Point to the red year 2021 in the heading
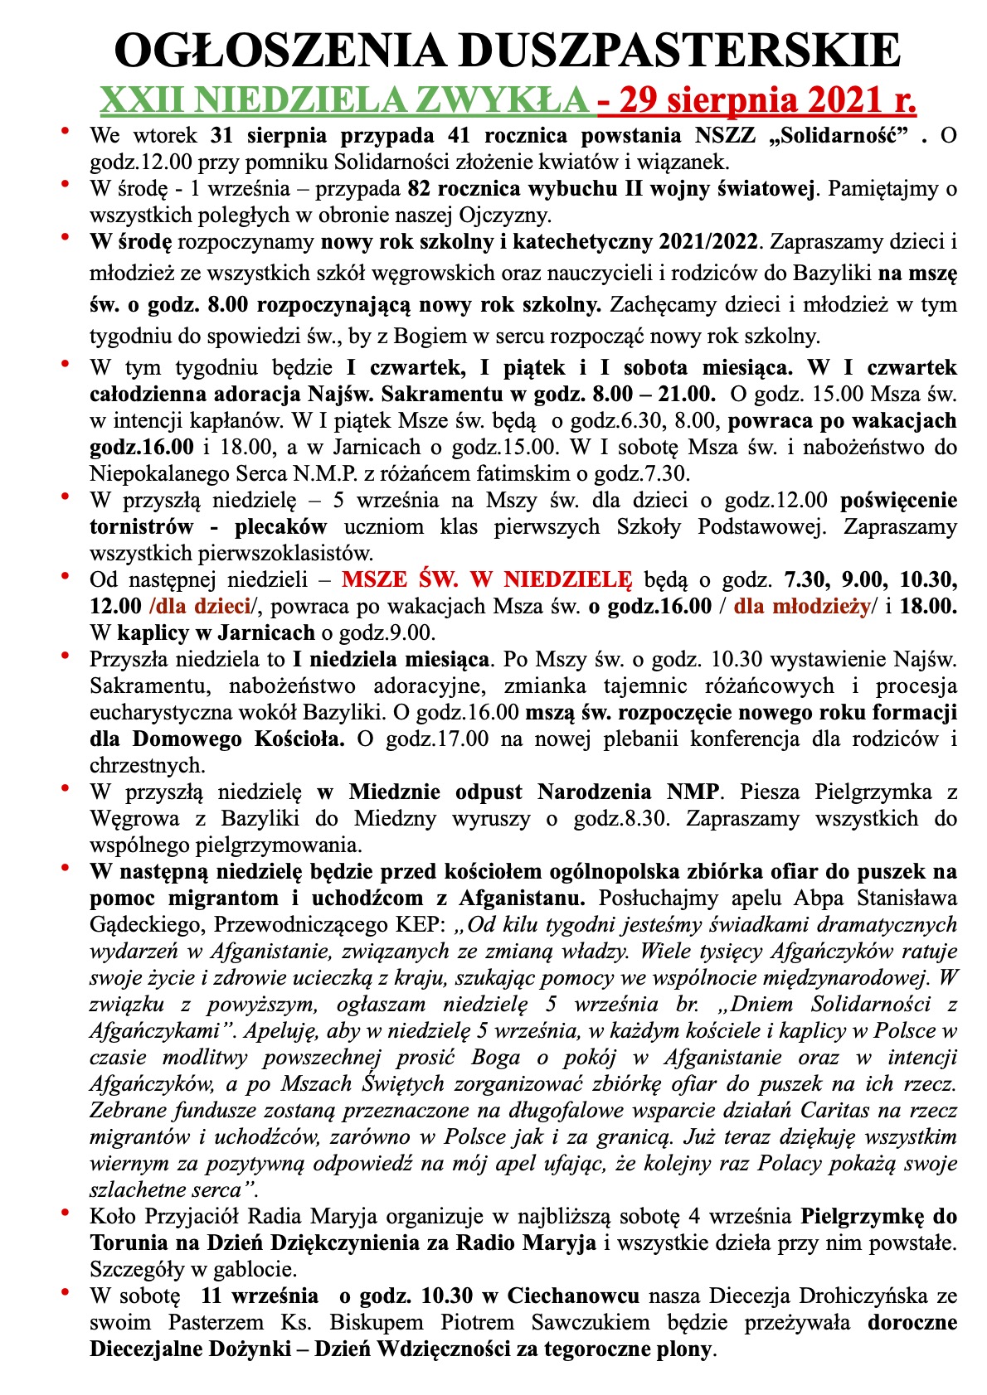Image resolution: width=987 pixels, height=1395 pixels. tap(830, 100)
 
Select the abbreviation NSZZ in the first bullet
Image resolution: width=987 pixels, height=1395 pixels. tap(742, 135)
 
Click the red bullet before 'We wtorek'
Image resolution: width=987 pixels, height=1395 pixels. tap(66, 133)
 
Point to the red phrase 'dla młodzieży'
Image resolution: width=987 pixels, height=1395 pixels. tap(800, 606)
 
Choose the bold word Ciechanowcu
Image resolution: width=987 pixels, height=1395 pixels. tap(573, 1296)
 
